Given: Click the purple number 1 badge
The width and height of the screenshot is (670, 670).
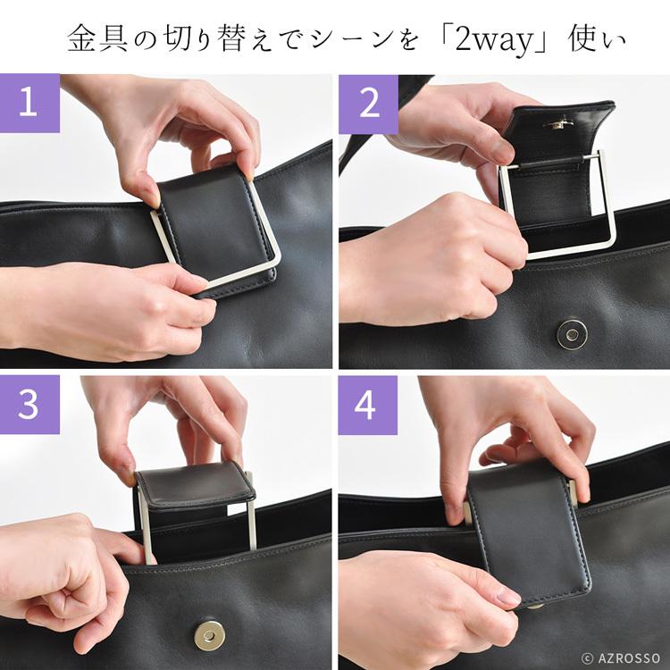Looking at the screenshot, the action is pos(29,103).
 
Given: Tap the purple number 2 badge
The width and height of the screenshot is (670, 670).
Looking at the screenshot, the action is pos(368,105).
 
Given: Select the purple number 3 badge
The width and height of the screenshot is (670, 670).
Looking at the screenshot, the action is pos(29,405).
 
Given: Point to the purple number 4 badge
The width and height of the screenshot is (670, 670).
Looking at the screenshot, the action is pos(368,405).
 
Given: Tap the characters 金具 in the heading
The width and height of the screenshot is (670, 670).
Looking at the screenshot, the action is pos(97,39).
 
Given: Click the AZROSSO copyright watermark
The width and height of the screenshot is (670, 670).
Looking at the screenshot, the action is pos(621,657).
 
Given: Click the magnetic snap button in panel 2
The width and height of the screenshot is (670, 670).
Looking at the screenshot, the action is pos(572,334).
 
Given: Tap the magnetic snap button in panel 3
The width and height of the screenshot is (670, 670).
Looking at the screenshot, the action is pos(209,635).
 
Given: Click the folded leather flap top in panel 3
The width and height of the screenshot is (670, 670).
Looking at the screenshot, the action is pos(196,485).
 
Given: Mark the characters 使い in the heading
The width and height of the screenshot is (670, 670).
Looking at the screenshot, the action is pos(597,39).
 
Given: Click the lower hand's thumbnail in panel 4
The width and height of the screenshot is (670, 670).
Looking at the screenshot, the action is pos(509,596).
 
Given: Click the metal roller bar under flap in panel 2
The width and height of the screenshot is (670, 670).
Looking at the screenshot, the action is pos(552,162).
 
